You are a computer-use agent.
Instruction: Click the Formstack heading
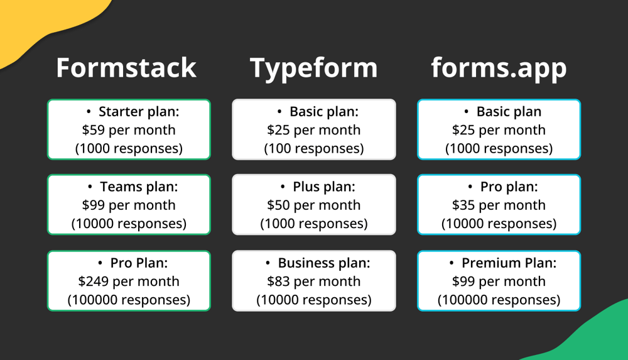click(126, 68)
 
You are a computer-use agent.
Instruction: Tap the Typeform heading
click(314, 68)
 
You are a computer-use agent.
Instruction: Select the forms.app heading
click(499, 68)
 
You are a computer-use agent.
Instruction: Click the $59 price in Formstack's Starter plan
click(94, 130)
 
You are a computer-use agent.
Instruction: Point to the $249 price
click(94, 281)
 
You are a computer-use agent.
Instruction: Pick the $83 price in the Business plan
click(279, 281)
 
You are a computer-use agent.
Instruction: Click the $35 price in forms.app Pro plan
click(464, 205)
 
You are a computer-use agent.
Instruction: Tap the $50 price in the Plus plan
click(279, 205)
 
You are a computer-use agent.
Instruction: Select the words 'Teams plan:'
click(139, 187)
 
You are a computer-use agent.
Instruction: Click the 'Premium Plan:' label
click(509, 263)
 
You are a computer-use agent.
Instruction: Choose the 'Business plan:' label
click(324, 263)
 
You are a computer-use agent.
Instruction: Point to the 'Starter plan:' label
click(139, 112)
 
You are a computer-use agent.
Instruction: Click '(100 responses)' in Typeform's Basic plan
click(314, 149)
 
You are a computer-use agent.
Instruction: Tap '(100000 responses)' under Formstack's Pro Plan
click(129, 300)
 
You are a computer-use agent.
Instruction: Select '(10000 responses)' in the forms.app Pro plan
click(499, 224)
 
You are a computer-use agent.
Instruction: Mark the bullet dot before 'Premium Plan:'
click(452, 263)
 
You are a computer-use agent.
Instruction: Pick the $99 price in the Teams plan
click(94, 205)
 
